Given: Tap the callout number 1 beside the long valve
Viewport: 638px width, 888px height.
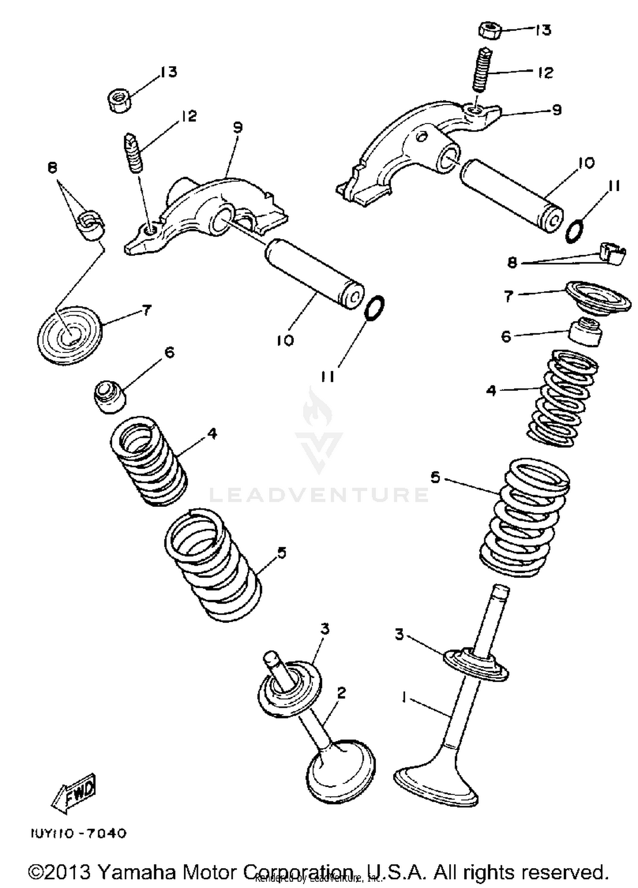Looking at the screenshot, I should click(x=404, y=697).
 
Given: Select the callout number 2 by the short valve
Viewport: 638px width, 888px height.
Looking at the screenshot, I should click(x=342, y=693).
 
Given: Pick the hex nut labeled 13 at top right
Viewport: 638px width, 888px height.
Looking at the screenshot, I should click(x=490, y=31).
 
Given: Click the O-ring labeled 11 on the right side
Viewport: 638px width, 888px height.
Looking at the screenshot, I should click(x=574, y=231).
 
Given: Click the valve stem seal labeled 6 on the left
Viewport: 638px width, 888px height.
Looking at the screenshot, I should click(x=110, y=397).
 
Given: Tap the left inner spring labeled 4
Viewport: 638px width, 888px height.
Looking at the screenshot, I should click(x=149, y=461).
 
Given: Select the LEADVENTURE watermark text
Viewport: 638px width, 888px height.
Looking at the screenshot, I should click(x=319, y=495).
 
